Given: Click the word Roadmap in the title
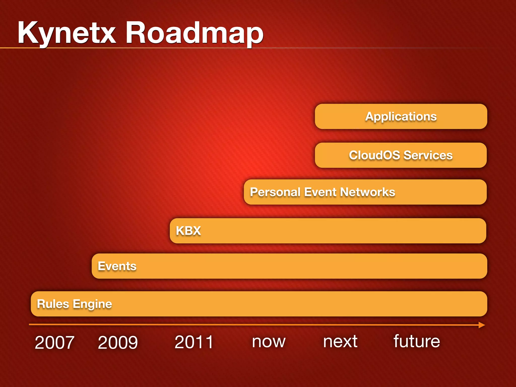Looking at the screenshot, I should pos(194,33).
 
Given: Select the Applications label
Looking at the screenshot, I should pos(401,117).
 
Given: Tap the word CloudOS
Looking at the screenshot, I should pos(374,155).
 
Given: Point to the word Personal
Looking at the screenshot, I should pos(275,192).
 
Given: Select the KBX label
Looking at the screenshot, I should pos(188,231).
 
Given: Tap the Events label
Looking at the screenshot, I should pos(117,266).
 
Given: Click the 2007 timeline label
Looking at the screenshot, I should pos(54,342).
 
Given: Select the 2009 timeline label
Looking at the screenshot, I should pos(118,342).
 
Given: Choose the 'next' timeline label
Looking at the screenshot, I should pos(340,342).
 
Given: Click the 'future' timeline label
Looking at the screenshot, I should pos(417,341).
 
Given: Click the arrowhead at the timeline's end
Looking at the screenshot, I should pos(482,325).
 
